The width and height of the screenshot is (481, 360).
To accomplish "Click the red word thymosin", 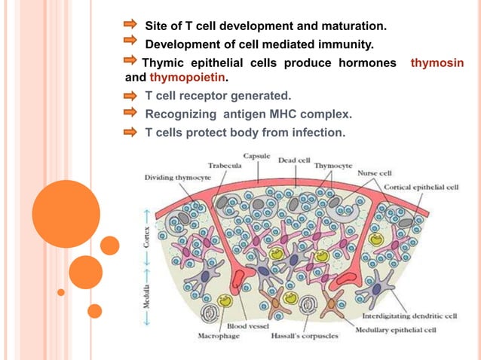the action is [x=437, y=63].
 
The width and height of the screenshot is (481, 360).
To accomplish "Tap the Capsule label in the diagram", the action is [x=256, y=155].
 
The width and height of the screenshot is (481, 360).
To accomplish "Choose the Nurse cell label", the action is [x=375, y=172].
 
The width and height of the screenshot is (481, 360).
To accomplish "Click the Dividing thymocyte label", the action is [x=178, y=177].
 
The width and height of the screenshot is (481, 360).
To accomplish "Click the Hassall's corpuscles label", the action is [x=305, y=336].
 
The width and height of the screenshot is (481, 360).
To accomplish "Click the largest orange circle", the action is [x=66, y=214].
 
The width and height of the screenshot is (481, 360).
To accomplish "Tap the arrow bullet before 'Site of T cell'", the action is [x=130, y=26].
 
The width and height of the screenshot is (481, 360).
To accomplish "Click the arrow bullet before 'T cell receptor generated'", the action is [x=130, y=96].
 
